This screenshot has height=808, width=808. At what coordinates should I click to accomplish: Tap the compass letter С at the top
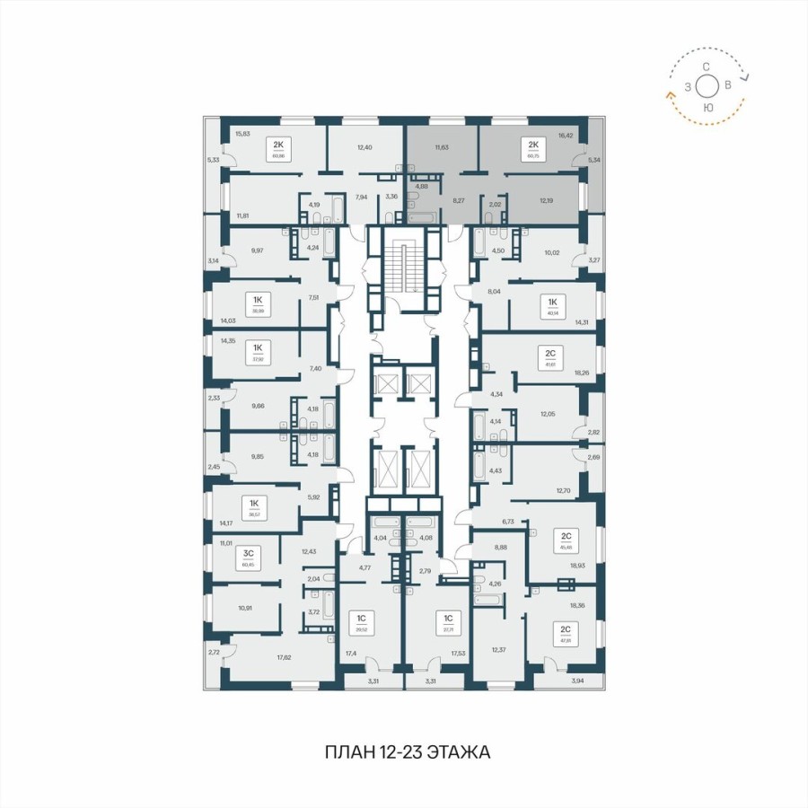click(x=707, y=67)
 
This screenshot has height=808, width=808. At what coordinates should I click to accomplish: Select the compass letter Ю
click(x=708, y=108)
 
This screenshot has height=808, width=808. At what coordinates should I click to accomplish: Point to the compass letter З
click(x=688, y=87)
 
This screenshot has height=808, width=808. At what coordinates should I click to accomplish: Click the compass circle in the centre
click(x=707, y=87)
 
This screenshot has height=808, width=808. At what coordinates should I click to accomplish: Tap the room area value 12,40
click(x=364, y=147)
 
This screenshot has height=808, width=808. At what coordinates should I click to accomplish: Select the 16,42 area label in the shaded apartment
click(x=566, y=136)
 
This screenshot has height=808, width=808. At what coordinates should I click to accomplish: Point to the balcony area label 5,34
click(x=593, y=161)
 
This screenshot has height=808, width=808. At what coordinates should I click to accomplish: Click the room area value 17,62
click(x=284, y=657)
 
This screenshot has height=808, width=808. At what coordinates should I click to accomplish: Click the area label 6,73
click(x=507, y=520)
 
